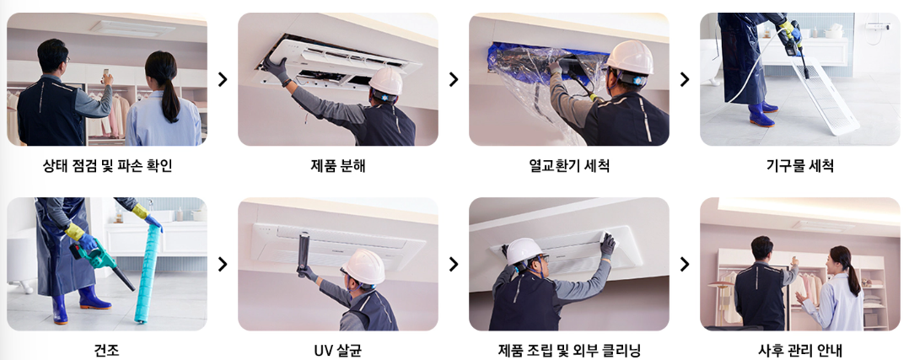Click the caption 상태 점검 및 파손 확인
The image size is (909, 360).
click(107, 166)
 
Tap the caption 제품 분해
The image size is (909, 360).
click(338, 166)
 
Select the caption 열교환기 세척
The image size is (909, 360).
click(568, 166)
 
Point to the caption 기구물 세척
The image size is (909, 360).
click(799, 166)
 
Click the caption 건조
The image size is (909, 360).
click(107, 350)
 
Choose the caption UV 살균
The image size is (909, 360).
click(338, 350)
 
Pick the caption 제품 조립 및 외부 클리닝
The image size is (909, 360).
click(568, 350)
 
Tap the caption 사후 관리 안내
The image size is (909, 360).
click(799, 350)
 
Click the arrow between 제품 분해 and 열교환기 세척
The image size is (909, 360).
click(454, 79)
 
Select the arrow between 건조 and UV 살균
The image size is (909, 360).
click(223, 264)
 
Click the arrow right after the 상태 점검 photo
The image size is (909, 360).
click(223, 79)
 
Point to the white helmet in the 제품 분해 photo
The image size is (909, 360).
click(386, 81)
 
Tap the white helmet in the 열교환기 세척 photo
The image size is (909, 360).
click(629, 56)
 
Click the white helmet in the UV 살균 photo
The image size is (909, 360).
click(364, 266)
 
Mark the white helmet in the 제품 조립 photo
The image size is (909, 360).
click(524, 250)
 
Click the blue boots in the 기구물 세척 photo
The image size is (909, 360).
click(763, 113)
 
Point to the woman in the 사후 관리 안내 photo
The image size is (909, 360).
click(835, 291)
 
